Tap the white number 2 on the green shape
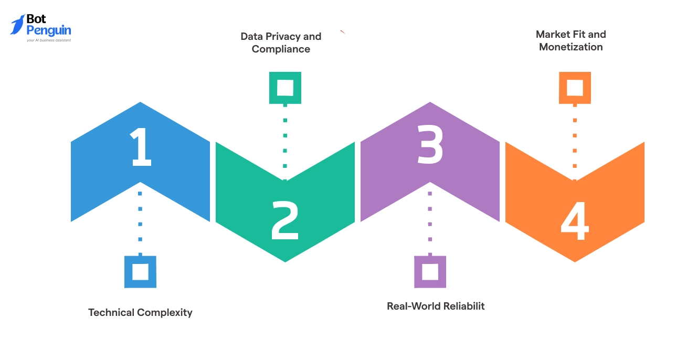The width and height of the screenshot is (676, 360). pos(285,221)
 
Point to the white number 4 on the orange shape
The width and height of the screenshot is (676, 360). pos(575,223)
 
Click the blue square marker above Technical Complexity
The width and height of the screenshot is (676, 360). pos(140,272)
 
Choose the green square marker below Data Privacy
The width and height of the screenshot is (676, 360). pos(285,88)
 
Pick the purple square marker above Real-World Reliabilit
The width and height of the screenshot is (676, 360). pos(430,272)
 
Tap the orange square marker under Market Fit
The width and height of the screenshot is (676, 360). pos(575,88)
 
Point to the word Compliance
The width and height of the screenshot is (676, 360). pos(281,49)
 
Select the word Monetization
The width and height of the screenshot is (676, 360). pos(571,47)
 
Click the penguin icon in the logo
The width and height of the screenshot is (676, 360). pos(17,25)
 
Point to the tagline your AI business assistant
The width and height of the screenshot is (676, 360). pos(49,40)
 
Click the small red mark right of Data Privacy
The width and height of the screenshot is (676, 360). pos(342,33)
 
